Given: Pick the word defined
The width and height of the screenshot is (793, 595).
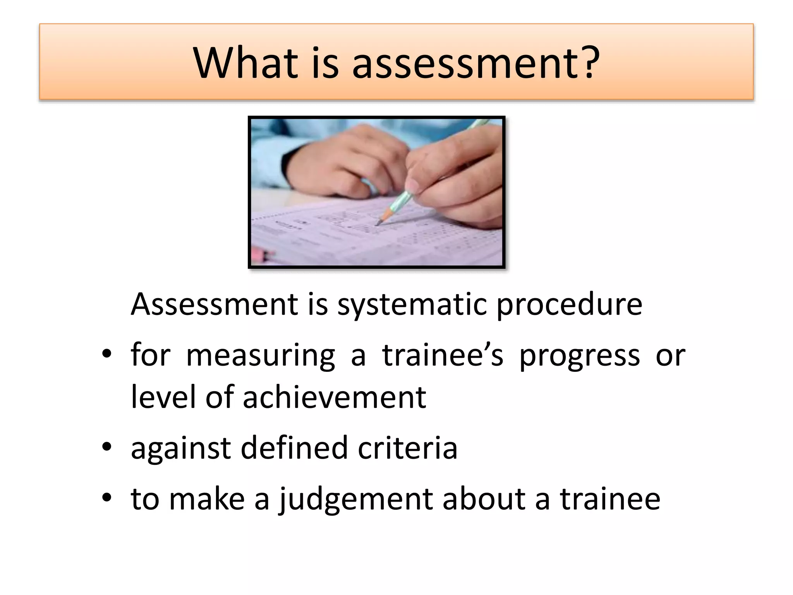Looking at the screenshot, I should [x=294, y=448].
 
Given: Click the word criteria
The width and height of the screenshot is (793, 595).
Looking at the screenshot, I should [x=407, y=448].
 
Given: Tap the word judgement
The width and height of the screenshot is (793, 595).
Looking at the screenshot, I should [x=355, y=500].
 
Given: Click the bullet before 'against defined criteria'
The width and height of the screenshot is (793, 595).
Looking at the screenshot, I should [x=106, y=448].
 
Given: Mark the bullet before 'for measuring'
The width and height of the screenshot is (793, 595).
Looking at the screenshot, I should [x=106, y=354].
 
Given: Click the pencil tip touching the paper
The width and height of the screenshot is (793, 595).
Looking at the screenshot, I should [x=378, y=224].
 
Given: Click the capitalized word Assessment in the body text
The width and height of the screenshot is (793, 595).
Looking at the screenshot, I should [x=215, y=304].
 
